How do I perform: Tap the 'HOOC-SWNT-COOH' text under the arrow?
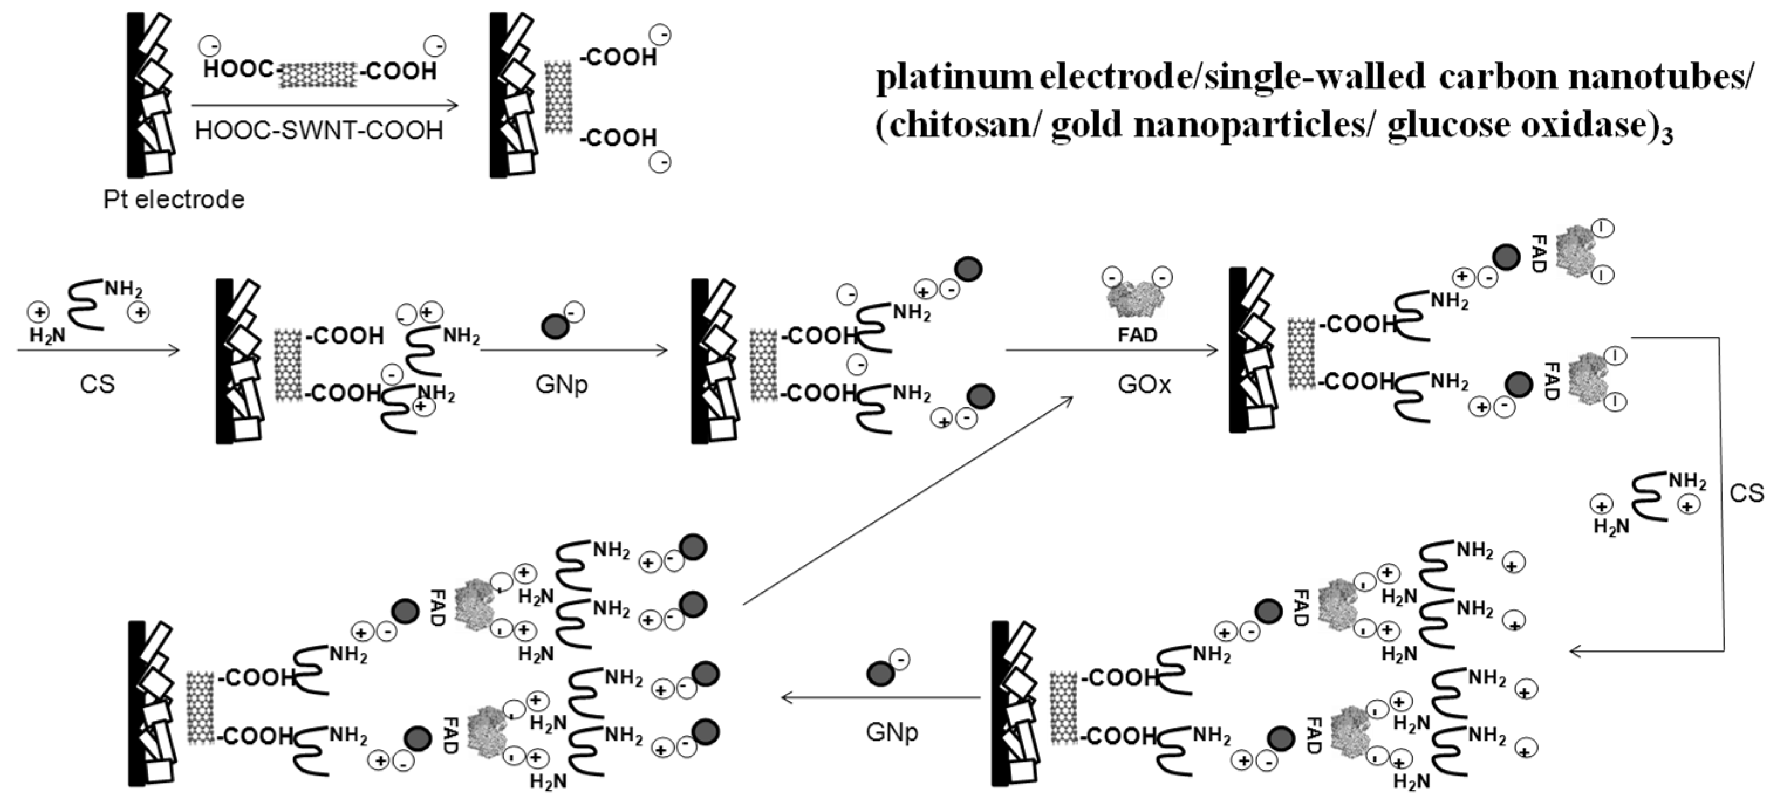pos(319,131)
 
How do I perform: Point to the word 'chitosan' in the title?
pos(959,125)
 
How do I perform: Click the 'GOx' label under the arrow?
pos(1144,384)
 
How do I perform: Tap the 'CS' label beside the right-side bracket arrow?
pos(1746,493)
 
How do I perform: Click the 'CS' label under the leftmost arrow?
pos(97,384)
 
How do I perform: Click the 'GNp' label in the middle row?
pos(562,384)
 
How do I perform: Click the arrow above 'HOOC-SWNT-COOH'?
pos(324,105)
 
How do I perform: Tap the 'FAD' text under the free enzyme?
pos(1137,335)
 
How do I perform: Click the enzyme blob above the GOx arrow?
pos(1136,299)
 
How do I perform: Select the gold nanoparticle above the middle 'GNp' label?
pos(555,326)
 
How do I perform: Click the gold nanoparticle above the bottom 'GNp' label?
pos(880,673)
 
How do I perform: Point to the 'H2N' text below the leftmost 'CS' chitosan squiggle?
pos(47,336)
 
